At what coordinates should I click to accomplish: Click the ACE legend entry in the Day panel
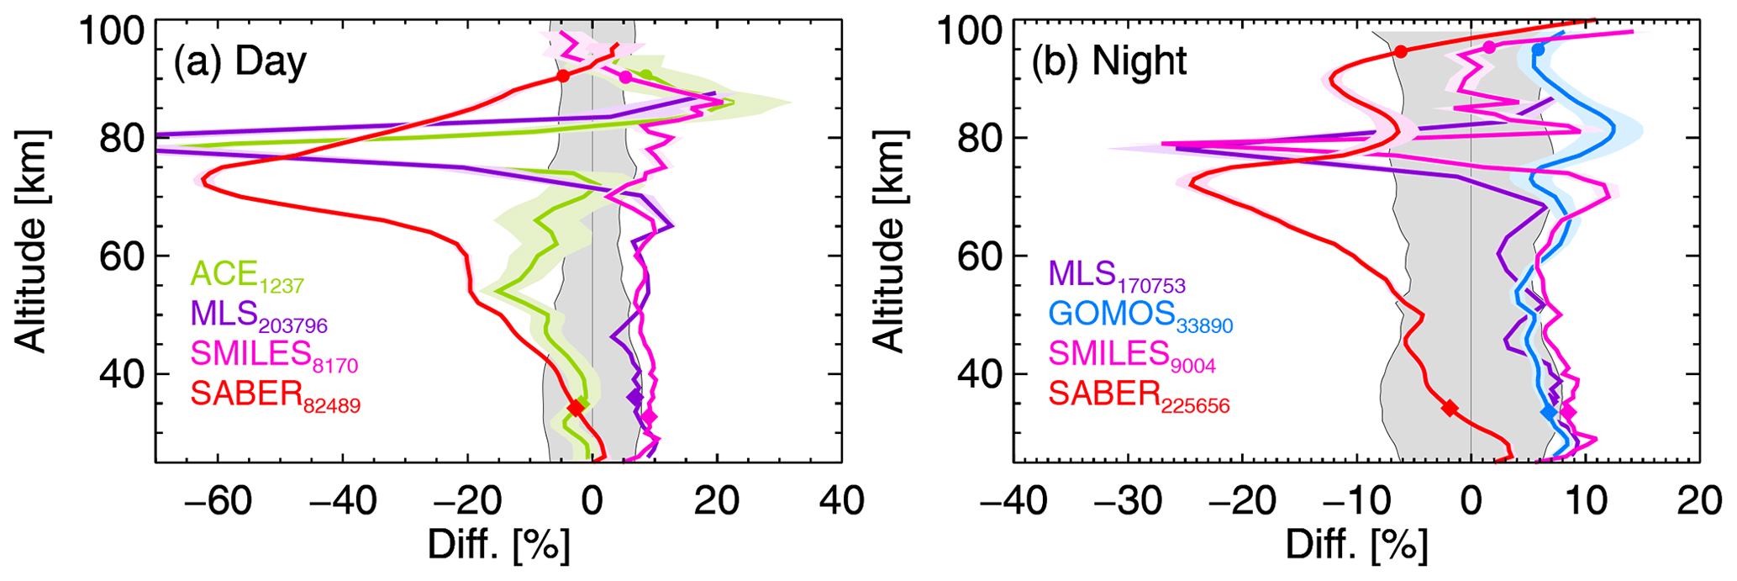[x=247, y=276]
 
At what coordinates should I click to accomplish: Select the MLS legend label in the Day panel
[x=259, y=315]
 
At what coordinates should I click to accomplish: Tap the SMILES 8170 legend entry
[x=275, y=355]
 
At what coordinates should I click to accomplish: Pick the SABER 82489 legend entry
[x=276, y=395]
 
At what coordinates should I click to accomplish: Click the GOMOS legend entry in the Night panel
[x=1140, y=315]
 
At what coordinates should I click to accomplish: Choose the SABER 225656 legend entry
[x=1139, y=395]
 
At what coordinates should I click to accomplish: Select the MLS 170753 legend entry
[x=1117, y=276]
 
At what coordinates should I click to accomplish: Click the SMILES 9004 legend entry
[x=1132, y=355]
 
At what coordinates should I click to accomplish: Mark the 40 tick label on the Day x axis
[x=841, y=501]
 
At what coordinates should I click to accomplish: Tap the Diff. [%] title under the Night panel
[x=1356, y=547]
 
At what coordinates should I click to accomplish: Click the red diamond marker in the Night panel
[x=1450, y=408]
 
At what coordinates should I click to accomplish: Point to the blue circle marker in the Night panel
[x=1537, y=50]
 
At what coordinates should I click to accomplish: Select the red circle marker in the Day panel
[x=563, y=77]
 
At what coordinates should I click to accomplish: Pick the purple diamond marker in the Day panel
[x=634, y=396]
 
